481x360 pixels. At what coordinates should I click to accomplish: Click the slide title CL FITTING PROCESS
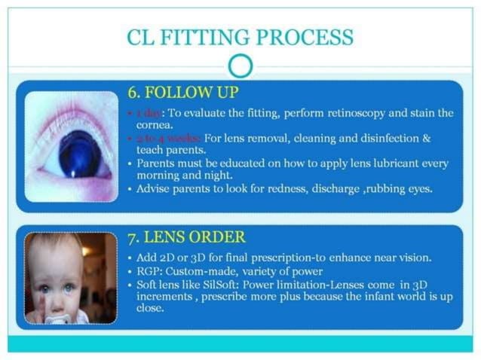pos(240,35)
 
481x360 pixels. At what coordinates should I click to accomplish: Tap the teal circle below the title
pos(240,67)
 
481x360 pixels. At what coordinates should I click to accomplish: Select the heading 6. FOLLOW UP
pos(182,93)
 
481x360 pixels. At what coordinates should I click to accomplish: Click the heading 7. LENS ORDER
pos(185,238)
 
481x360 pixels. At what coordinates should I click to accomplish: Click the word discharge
pos(341,188)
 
